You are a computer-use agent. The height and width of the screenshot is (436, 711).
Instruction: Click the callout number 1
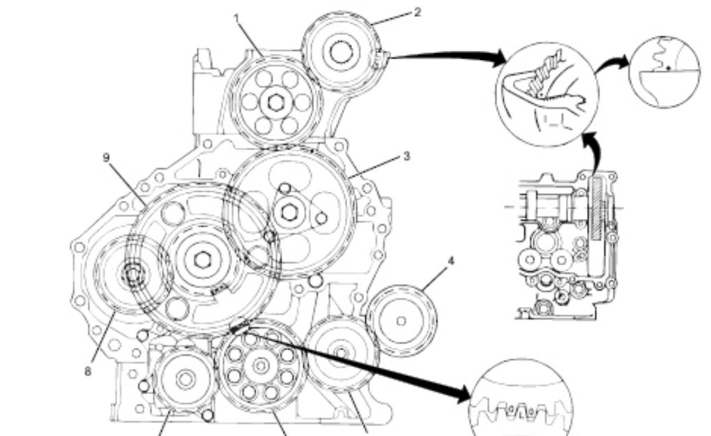236,18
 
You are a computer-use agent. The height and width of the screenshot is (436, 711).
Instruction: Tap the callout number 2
417,13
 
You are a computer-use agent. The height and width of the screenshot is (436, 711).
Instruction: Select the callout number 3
406,156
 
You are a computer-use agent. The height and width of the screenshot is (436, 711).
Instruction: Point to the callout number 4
450,262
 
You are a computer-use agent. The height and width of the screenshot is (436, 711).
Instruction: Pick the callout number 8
88,372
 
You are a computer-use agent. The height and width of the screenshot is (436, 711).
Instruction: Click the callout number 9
106,158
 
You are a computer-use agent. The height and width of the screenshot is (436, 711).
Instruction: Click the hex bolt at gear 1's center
275,102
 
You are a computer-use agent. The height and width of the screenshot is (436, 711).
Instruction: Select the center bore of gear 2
340,51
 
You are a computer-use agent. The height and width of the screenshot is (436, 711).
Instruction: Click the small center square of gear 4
401,321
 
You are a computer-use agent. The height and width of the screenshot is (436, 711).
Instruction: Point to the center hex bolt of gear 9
201,260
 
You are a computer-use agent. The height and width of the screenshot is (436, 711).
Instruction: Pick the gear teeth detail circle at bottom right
521,399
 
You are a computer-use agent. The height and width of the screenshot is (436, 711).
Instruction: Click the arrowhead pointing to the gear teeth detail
464,394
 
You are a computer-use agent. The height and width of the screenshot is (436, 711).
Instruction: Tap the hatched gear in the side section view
598,208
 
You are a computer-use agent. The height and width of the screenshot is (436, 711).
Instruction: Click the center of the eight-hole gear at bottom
261,366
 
